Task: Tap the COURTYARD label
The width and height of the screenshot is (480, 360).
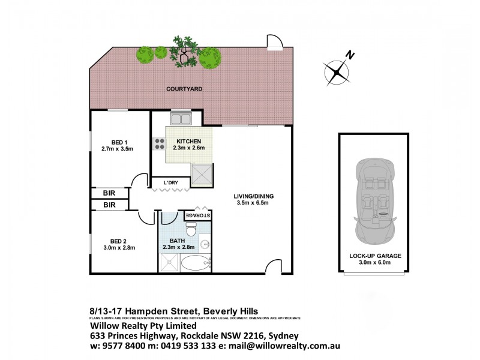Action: click(184, 89)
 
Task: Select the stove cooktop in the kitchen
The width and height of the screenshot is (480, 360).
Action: click(160, 143)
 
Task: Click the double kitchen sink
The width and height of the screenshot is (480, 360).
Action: click(180, 118)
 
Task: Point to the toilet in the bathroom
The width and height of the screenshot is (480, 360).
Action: click(191, 229)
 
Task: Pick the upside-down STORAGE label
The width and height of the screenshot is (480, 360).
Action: click(197, 215)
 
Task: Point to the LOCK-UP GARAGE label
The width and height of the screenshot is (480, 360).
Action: click(375, 256)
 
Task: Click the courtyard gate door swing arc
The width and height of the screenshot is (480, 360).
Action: click(274, 43)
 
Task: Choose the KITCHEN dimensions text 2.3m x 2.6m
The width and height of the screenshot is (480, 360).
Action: click(189, 148)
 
